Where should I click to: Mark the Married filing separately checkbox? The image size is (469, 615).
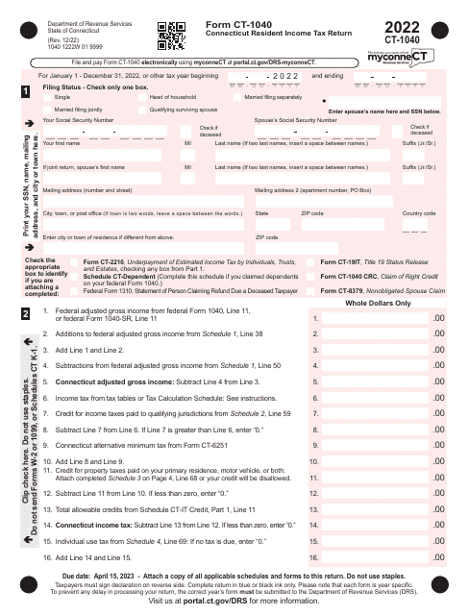238,98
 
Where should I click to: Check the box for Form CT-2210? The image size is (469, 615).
77,261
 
